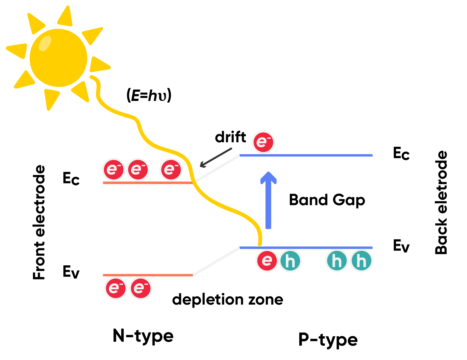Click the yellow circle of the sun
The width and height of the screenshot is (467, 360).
click(58, 58)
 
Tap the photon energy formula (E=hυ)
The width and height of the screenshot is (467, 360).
click(149, 96)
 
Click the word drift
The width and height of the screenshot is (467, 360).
click(230, 137)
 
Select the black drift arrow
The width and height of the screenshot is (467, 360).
click(216, 158)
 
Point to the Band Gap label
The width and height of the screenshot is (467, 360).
click(327, 200)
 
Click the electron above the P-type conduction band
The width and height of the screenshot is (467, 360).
click(263, 142)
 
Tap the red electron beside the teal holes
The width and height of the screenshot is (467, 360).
click(267, 261)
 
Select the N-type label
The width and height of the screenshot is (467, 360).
click(143, 336)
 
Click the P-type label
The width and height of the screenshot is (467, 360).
click(328, 340)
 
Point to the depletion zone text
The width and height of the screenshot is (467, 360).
click(228, 299)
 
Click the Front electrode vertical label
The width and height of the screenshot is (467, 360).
click(39, 222)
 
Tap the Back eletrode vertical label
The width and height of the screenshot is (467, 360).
click(441, 202)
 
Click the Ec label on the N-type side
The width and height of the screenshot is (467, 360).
click(71, 179)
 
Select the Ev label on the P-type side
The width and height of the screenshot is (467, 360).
click(401, 246)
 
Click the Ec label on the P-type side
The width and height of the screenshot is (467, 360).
click(401, 153)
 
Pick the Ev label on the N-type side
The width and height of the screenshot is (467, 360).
click(71, 272)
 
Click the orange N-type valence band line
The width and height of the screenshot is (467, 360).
click(148, 275)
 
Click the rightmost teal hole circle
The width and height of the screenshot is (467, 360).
click(361, 261)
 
